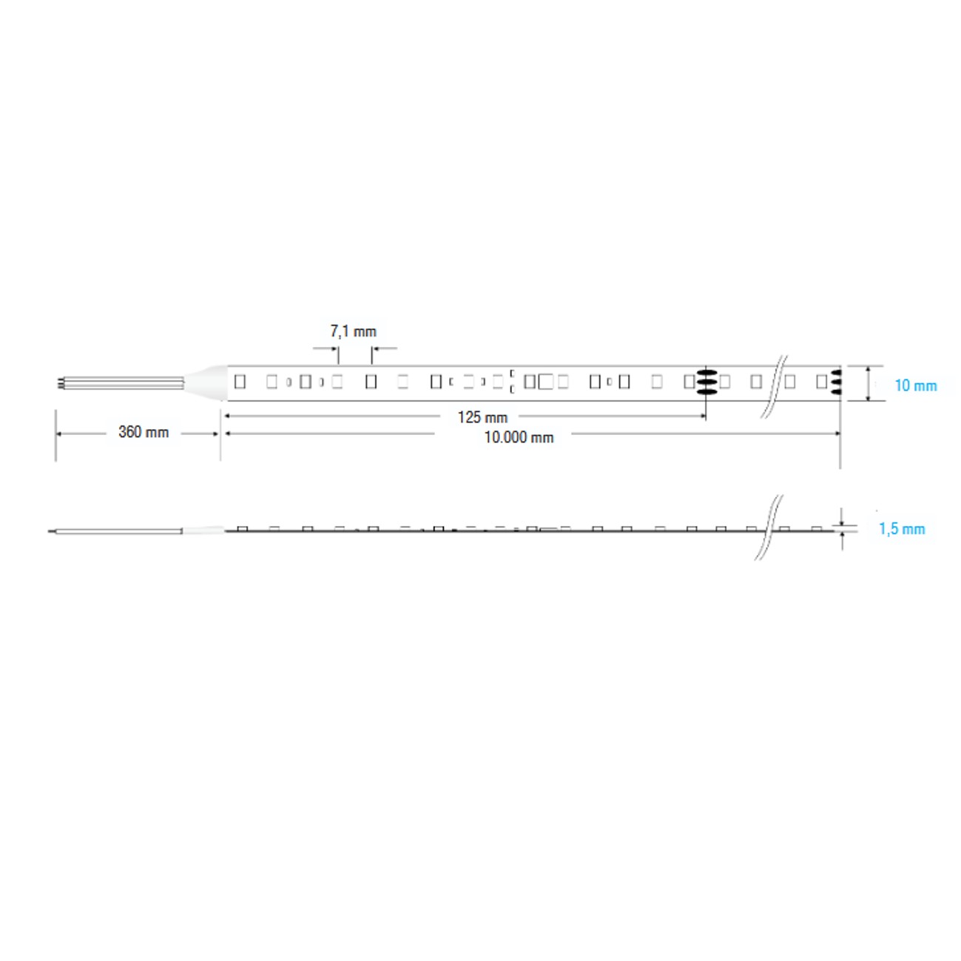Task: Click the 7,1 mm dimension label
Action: tap(353, 331)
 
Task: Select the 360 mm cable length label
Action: tap(144, 432)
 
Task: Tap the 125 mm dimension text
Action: tap(482, 417)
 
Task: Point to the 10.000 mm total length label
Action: tap(519, 437)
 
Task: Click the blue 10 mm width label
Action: tap(915, 385)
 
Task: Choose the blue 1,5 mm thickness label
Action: tap(902, 529)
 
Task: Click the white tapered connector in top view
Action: tap(204, 382)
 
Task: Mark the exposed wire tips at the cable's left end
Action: tap(59, 382)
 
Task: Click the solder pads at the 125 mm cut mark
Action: tap(707, 382)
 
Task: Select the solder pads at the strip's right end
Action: tap(836, 382)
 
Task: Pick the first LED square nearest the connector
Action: tap(240, 382)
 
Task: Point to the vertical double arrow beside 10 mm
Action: tap(868, 383)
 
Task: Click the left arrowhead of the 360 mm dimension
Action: tap(60, 434)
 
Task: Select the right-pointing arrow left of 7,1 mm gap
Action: tap(334, 348)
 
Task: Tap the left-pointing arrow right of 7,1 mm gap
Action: tap(377, 348)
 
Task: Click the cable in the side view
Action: tap(118, 530)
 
